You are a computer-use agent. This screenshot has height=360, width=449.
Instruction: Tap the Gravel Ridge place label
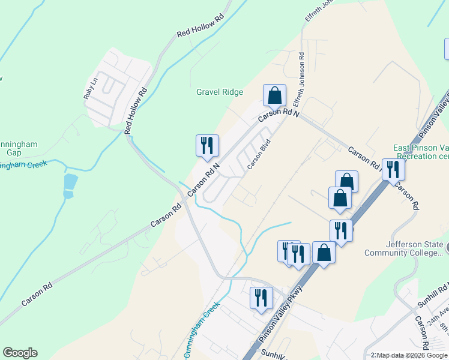pos(220,92)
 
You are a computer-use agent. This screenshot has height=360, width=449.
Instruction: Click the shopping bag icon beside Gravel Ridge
pos(274,95)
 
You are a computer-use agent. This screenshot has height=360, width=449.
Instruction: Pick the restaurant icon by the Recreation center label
pos(393,169)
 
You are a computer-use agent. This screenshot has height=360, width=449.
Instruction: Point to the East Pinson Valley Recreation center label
pos(420,152)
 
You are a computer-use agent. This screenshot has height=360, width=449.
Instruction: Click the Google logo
pos(20,353)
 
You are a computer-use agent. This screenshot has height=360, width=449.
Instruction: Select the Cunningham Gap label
pos(18,148)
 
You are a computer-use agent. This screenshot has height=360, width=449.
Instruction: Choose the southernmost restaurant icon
pos(261,298)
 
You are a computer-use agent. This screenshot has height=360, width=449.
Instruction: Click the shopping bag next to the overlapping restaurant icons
pos(324,253)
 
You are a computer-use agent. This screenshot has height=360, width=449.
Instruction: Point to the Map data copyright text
pos(409,355)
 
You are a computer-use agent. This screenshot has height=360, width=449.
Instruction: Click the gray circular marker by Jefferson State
pos(446,246)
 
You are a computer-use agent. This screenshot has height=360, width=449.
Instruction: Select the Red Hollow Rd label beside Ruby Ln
pos(136,111)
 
